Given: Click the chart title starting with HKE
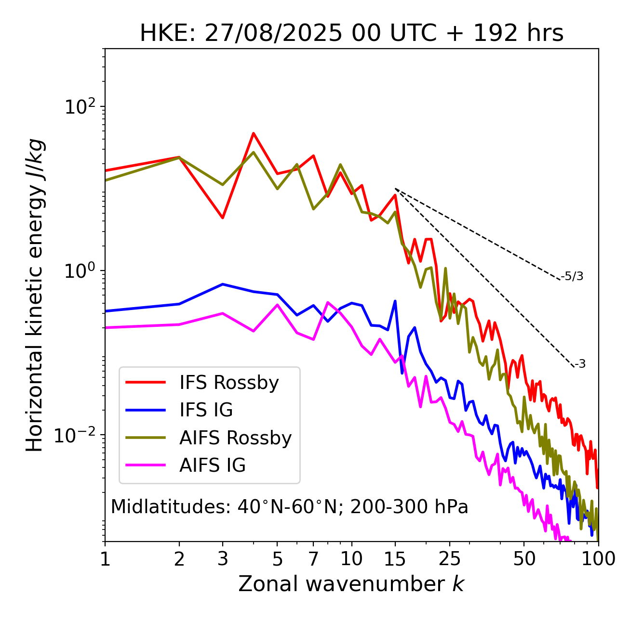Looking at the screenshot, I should point(351,34).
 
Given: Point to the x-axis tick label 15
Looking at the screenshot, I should point(395,559).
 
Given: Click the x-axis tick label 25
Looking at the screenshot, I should point(450,559).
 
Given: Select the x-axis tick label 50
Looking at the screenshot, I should point(524,559).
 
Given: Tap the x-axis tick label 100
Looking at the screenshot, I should point(598,559).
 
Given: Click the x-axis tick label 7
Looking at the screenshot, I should point(313,559).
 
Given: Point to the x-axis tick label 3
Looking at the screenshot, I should point(223,559).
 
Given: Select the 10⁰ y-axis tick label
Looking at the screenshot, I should point(80,271).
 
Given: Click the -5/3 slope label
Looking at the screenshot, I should point(572,276).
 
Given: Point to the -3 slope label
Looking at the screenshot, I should point(580,364).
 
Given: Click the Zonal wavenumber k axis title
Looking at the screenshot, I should point(351,584).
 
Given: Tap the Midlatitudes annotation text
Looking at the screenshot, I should point(289,507).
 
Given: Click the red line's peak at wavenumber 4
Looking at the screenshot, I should point(253,133).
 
